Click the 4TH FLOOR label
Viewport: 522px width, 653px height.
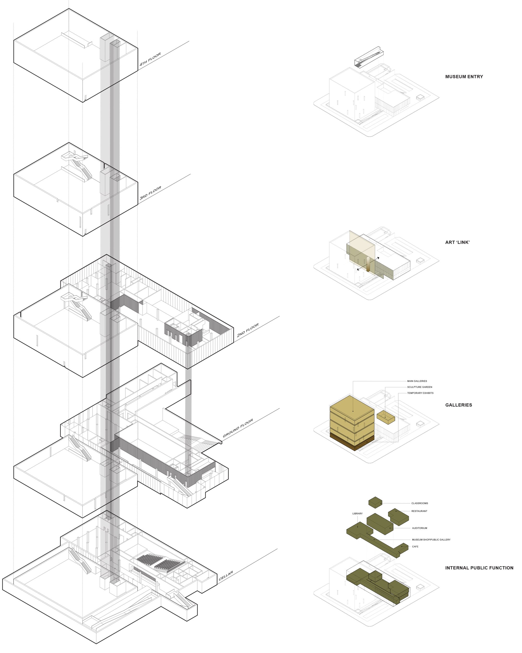150,59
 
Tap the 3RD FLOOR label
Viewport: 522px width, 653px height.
150,193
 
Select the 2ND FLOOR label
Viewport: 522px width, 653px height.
248,330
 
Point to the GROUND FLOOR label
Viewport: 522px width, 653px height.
238,428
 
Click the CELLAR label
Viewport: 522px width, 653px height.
226,576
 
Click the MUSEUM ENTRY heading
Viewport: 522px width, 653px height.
464,77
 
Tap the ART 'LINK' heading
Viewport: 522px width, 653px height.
457,242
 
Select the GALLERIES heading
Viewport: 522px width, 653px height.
459,405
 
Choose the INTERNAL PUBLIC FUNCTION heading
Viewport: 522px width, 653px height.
479,568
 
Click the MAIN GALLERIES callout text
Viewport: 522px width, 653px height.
417,381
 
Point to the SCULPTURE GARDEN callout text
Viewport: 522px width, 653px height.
419,387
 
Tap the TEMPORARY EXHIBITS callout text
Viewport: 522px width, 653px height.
420,393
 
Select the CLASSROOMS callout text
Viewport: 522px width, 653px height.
419,503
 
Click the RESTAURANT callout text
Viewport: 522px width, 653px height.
419,511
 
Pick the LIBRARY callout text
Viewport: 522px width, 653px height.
357,514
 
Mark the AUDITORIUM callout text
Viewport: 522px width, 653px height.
419,528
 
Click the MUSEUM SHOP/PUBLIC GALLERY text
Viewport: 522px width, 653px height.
431,540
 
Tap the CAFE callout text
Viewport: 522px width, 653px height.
415,547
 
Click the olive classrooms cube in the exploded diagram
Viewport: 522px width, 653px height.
375,503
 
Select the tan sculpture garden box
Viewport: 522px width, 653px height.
385,417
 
